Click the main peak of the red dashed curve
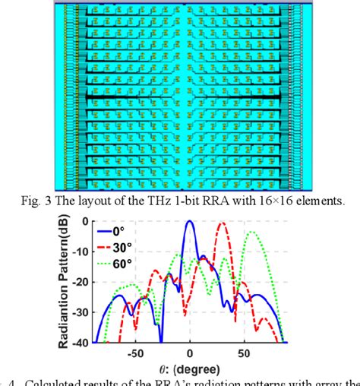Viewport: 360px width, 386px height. coord(221,223)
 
